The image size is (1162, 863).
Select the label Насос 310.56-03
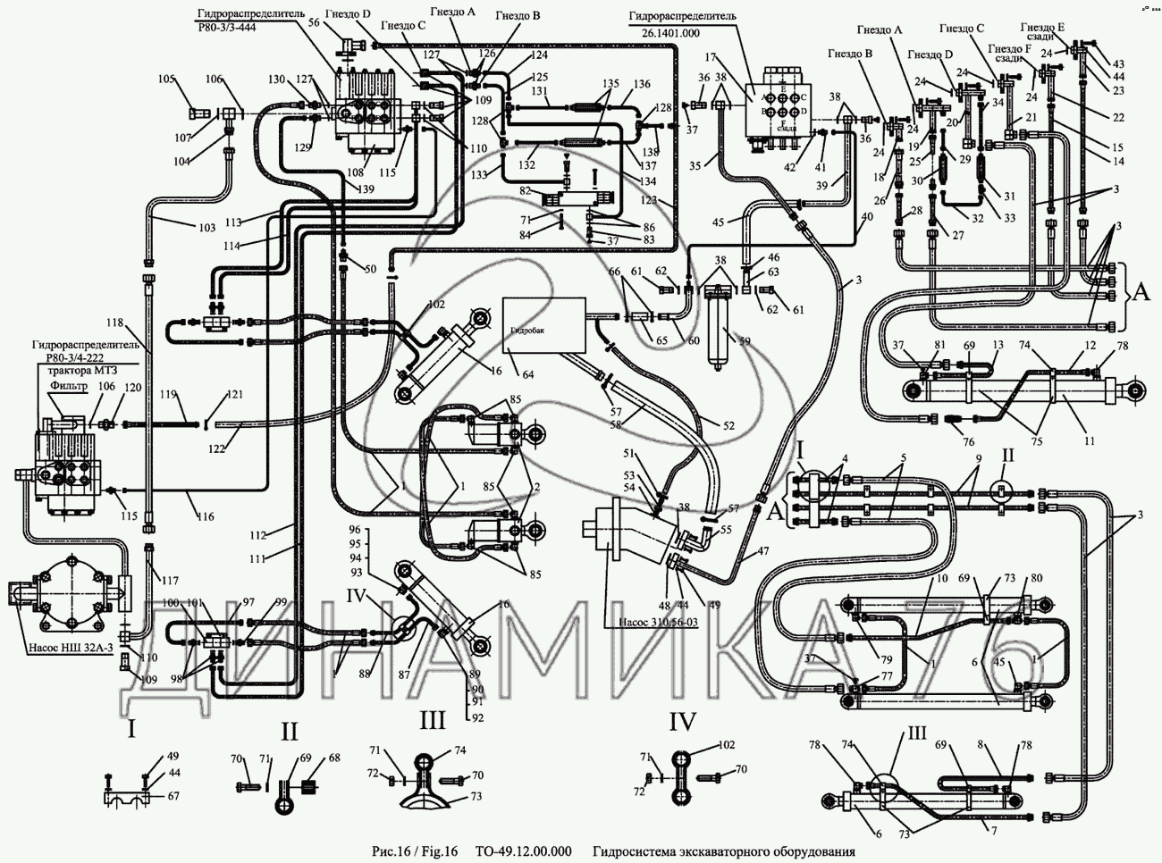655,623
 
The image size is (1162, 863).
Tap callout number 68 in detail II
334,758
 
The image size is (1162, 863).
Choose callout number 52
729,428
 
